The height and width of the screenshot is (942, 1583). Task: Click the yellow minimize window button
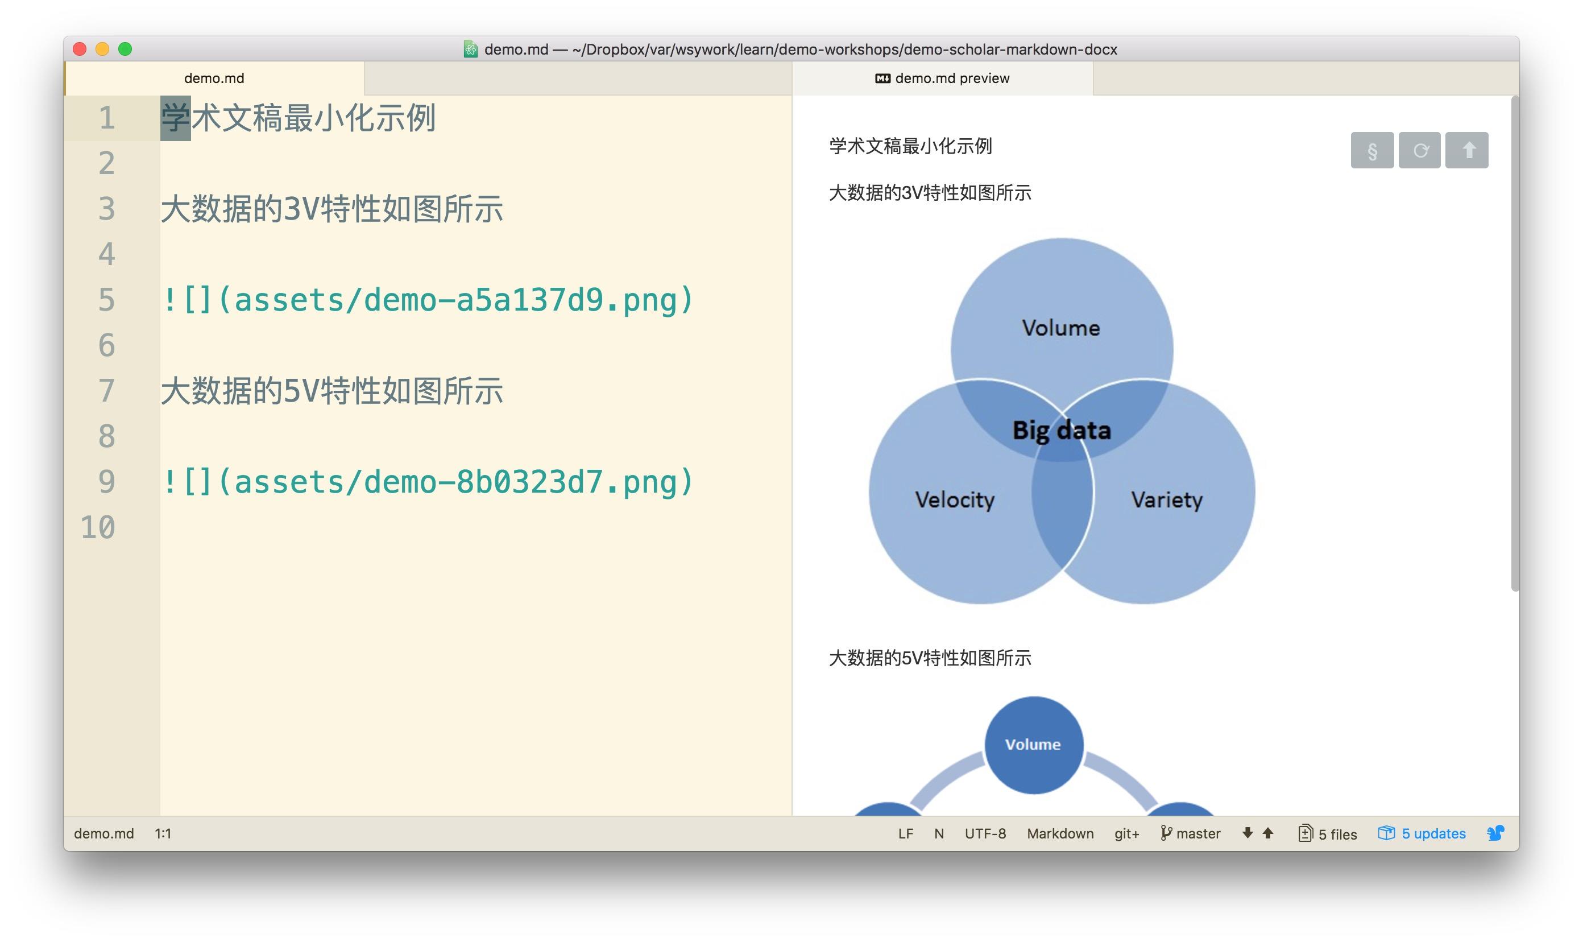coord(102,49)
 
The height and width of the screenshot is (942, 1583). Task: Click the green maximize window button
coord(125,49)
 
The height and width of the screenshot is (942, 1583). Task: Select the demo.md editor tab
coord(214,78)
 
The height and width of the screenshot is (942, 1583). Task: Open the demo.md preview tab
coord(943,78)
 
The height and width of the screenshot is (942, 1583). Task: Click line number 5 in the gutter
coord(106,300)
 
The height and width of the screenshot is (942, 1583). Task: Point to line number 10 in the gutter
coord(98,527)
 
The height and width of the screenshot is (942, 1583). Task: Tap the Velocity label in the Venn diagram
coord(955,499)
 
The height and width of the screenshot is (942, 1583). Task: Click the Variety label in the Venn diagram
coord(1166,499)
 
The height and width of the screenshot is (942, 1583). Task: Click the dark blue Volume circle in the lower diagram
coord(1034,745)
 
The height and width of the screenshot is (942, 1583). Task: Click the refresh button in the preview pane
coord(1420,150)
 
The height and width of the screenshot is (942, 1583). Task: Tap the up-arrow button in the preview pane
coord(1467,150)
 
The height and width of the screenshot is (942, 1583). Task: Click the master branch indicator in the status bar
coord(1190,833)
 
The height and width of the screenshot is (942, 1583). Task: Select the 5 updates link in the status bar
coord(1422,833)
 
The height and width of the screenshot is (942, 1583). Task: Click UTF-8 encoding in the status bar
coord(985,833)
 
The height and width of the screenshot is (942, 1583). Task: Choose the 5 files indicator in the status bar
coord(1327,833)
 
